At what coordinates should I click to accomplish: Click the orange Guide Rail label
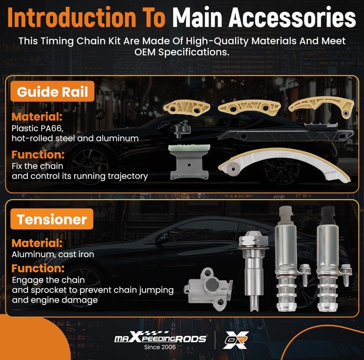[x=52, y=91]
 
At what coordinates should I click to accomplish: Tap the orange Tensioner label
[x=52, y=219]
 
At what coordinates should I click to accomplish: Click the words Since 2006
[x=160, y=347]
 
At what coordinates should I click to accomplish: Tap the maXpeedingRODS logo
[x=160, y=337]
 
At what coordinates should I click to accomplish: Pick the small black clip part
[x=182, y=131]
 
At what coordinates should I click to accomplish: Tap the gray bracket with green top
[x=189, y=162]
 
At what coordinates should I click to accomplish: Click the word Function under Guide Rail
[x=38, y=155]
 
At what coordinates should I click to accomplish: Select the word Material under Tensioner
[x=37, y=243]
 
